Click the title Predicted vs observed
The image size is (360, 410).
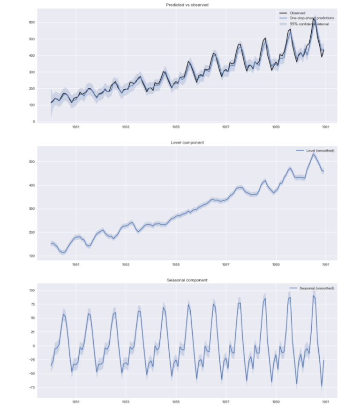point(187,5)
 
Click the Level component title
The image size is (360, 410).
point(187,142)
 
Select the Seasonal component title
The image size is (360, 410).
point(187,280)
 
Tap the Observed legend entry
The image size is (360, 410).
point(298,13)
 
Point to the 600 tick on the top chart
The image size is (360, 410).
point(32,23)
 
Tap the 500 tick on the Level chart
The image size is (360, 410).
point(32,162)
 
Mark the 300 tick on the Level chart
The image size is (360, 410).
point(32,209)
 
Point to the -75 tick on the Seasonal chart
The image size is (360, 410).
point(32,388)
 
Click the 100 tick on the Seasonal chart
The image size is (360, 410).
point(32,291)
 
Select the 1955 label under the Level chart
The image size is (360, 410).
point(176,265)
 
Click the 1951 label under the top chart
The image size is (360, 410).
point(75,127)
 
